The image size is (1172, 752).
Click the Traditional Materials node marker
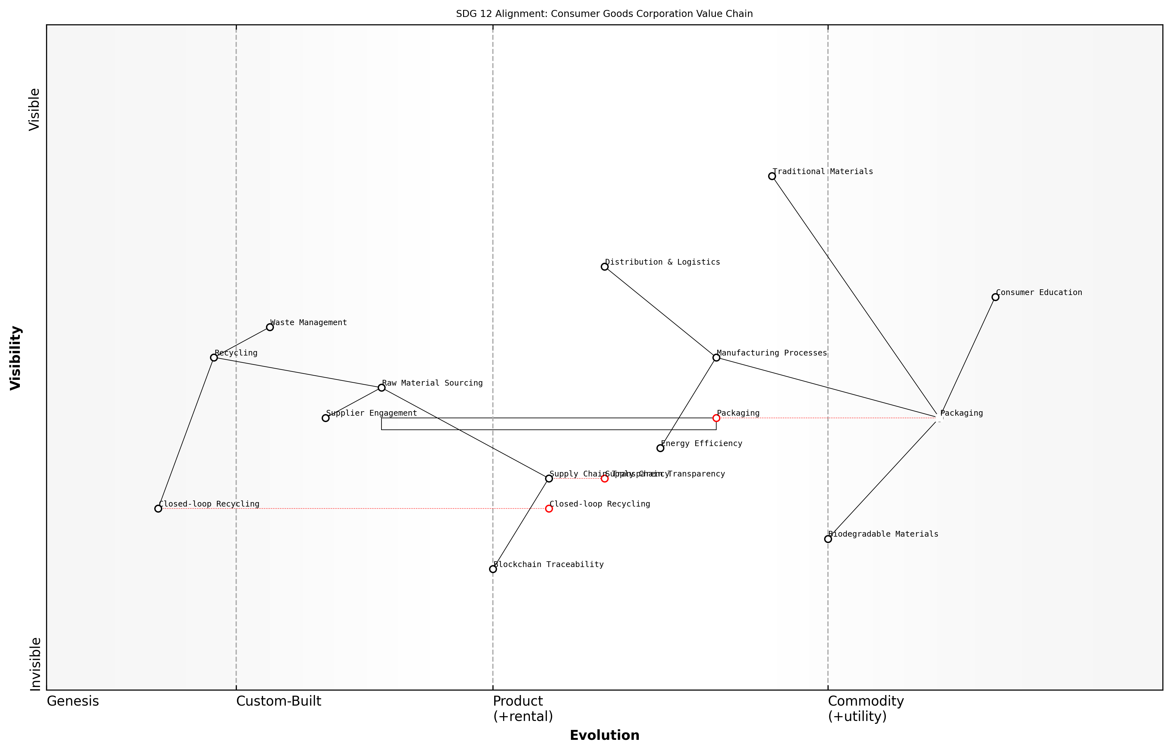(772, 176)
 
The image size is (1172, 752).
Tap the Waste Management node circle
(269, 327)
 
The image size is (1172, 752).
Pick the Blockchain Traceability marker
(493, 569)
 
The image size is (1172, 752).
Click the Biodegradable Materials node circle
(828, 539)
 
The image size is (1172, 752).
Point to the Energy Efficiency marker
(660, 448)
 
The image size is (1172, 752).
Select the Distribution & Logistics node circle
(605, 267)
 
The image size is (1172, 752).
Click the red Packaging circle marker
(716, 418)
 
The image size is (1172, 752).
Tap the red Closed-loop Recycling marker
(549, 509)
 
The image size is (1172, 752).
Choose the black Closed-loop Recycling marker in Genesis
(158, 509)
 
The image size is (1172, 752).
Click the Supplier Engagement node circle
(326, 418)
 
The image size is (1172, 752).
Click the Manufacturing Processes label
(772, 353)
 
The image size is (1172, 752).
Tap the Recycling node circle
(214, 357)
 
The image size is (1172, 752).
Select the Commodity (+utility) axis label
(865, 708)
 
